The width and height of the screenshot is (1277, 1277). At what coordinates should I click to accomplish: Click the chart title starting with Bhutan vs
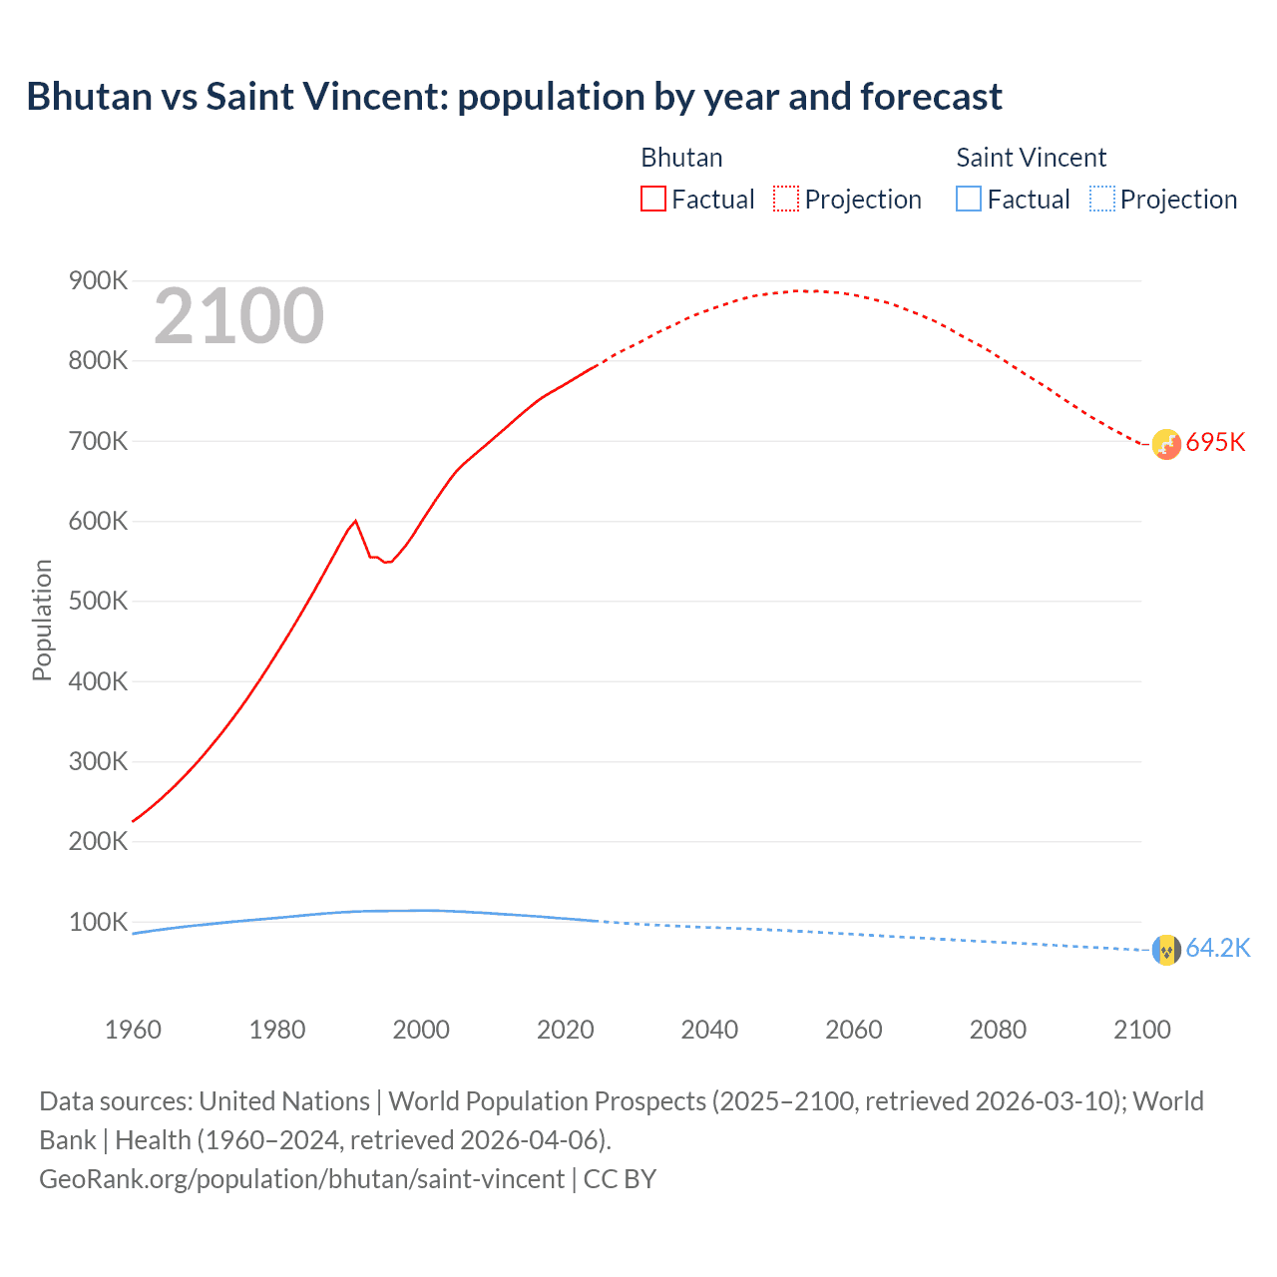514,97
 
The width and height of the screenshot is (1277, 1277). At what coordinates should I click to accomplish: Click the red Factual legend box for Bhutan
652,200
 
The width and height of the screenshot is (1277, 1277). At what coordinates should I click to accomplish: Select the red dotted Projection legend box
786,200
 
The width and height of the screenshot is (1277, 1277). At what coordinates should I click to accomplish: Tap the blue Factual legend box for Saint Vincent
968,200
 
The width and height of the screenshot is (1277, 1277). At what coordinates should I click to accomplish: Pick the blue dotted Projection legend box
1101,200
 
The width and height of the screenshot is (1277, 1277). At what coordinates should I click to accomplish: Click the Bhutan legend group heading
681,158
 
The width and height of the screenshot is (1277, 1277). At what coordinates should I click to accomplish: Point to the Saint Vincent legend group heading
1031,158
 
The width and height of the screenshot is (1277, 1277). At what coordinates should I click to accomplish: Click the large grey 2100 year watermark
238,316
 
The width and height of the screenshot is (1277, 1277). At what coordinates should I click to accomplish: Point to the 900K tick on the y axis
98,281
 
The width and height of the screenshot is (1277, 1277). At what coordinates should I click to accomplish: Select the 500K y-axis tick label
98,602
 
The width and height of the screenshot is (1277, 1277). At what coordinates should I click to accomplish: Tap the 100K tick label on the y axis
98,922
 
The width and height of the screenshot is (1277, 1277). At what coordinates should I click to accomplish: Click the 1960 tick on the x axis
133,1030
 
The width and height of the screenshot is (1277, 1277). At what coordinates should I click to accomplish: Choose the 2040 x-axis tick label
709,1030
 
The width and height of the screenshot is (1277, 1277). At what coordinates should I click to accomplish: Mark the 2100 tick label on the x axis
1141,1030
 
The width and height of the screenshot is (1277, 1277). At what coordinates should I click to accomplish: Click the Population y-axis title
42,620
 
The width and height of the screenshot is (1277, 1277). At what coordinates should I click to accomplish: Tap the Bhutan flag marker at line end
1166,444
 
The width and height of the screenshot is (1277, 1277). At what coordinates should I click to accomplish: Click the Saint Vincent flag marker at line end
1166,950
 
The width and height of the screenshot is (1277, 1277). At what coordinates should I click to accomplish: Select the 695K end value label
1215,443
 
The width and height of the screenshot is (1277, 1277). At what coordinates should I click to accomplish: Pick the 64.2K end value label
1217,949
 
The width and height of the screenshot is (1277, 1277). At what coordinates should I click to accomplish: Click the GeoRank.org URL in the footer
301,1179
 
